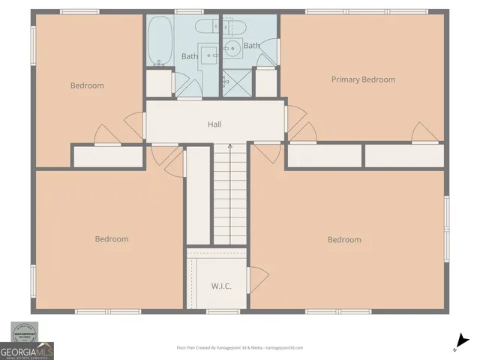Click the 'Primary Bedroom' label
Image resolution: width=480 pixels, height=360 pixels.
pyautogui.click(x=363, y=79)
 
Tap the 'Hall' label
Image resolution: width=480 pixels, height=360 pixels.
pyautogui.click(x=214, y=124)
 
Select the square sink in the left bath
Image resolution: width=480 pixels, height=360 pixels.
pyautogui.click(x=211, y=53)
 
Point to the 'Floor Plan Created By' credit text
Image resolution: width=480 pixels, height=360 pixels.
pyautogui.click(x=239, y=348)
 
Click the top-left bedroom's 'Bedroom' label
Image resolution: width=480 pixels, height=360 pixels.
pyautogui.click(x=87, y=85)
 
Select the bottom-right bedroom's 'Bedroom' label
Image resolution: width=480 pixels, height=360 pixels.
pyautogui.click(x=344, y=240)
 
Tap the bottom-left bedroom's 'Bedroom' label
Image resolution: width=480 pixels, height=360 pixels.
pyautogui.click(x=111, y=239)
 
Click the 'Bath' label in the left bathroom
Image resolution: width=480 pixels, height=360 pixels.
pyautogui.click(x=190, y=56)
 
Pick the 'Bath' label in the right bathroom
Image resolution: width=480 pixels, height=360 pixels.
pyautogui.click(x=251, y=46)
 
